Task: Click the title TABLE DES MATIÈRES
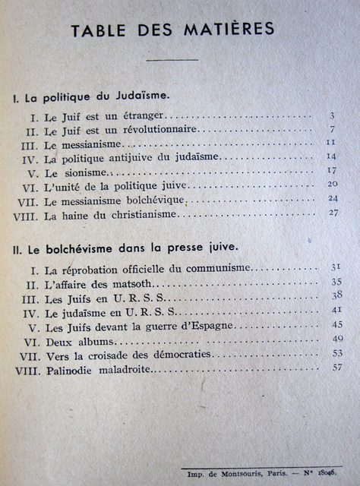click(172, 30)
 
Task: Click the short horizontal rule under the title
click(172, 59)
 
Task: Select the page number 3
click(332, 115)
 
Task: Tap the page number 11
click(330, 142)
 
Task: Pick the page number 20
click(332, 184)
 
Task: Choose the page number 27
click(333, 213)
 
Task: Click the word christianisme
click(144, 215)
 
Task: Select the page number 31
click(335, 267)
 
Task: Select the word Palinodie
click(69, 371)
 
